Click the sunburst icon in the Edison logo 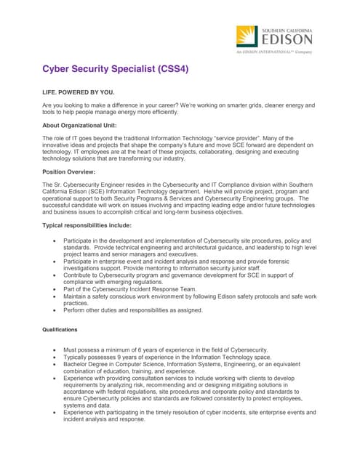[247, 36]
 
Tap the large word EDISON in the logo [286, 39]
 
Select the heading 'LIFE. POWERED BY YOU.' [79, 94]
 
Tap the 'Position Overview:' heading [70, 171]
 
